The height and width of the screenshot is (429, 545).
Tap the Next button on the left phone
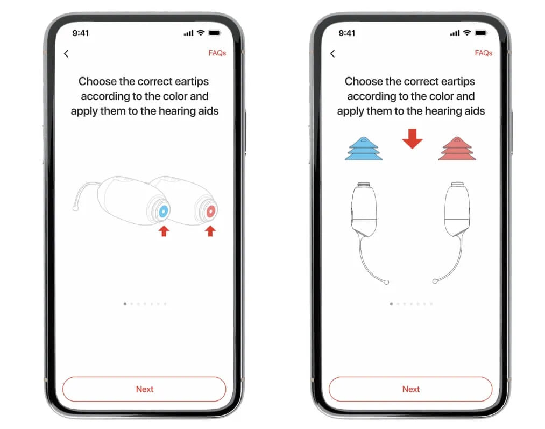pyautogui.click(x=144, y=389)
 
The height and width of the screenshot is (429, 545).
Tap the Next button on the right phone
pyautogui.click(x=410, y=389)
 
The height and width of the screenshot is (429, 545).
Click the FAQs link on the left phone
pyautogui.click(x=217, y=53)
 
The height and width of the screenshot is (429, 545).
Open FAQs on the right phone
pyautogui.click(x=484, y=53)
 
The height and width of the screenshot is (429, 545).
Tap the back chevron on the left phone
pyautogui.click(x=66, y=53)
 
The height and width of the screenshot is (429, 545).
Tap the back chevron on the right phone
pyautogui.click(x=332, y=53)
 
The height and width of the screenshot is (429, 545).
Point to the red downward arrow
pyautogui.click(x=412, y=139)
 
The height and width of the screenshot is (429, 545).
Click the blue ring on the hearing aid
pyautogui.click(x=164, y=211)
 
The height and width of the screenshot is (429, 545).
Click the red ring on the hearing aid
pyautogui.click(x=211, y=211)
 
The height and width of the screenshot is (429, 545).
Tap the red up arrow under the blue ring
pyautogui.click(x=164, y=231)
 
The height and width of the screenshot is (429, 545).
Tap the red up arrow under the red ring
pyautogui.click(x=210, y=231)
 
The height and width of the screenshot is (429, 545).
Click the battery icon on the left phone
pyautogui.click(x=215, y=33)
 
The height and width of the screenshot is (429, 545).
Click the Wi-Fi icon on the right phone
pyautogui.click(x=467, y=33)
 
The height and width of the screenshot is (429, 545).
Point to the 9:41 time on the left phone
pyautogui.click(x=81, y=33)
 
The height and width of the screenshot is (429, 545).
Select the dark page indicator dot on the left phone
pyautogui.click(x=125, y=304)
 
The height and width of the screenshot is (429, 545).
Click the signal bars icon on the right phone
pyautogui.click(x=455, y=33)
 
